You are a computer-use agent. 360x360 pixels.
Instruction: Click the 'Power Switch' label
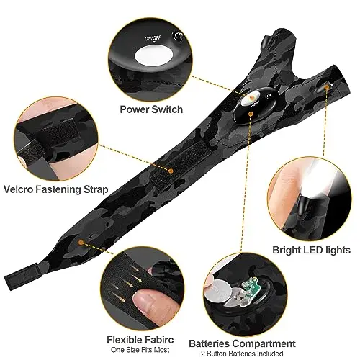click(151, 109)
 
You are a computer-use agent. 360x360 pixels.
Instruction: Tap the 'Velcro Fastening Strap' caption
click(56, 189)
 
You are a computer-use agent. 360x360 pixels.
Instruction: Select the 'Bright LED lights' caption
click(311, 250)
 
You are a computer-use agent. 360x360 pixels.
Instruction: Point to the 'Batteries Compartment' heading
click(242, 343)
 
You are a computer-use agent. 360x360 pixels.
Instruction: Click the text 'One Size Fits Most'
click(140, 350)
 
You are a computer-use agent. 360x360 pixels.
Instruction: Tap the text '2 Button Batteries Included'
click(242, 354)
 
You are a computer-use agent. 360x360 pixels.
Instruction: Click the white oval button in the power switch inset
click(154, 55)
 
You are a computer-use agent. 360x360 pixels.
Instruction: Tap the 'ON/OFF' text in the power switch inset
click(153, 38)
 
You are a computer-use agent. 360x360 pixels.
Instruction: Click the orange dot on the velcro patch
click(171, 171)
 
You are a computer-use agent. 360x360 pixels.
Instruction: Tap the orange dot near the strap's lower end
click(81, 243)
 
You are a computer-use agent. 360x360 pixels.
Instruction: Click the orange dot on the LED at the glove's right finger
click(326, 88)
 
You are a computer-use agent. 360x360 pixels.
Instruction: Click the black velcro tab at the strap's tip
click(22, 276)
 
